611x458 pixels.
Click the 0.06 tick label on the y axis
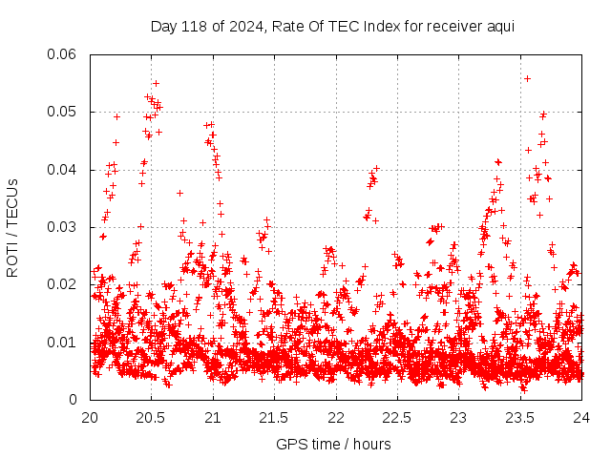coord(63,54)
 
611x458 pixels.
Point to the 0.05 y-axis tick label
coord(63,112)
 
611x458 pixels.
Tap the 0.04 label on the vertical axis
coord(63,170)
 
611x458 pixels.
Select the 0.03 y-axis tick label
coord(63,227)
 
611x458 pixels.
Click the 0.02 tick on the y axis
coord(63,284)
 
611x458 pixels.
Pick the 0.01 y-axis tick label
coord(63,342)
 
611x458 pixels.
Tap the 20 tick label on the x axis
coord(91,418)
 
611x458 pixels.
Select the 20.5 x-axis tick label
coord(152,418)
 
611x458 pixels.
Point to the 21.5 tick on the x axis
coord(275,418)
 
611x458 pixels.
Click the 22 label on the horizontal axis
coord(336,418)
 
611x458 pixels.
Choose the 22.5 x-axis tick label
coord(397,418)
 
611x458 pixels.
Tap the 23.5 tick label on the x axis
coord(520,418)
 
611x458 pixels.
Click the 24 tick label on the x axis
coord(581,418)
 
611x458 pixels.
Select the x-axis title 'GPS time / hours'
coord(333,444)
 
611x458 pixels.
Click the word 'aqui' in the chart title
coord(500,26)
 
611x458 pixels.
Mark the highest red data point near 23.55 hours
coord(527,78)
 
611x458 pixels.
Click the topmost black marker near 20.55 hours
coord(156,83)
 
